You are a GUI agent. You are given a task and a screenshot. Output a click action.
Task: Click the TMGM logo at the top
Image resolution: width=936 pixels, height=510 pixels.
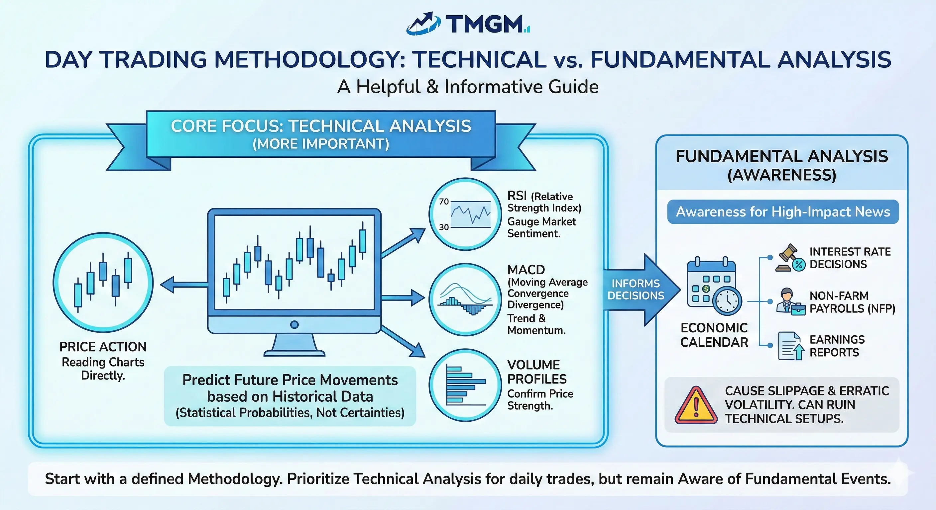[468, 24]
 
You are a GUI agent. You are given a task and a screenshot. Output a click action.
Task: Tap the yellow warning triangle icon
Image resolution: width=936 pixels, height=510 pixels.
[695, 406]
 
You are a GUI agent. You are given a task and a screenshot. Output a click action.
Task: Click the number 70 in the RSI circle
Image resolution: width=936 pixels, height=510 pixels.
[444, 202]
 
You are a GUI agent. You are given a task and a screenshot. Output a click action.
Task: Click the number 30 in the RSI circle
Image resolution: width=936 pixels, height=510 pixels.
[444, 227]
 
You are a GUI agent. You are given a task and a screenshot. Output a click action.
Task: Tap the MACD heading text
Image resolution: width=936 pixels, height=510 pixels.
[526, 270]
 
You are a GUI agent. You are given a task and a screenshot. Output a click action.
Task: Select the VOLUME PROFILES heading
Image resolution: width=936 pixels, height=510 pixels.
[537, 372]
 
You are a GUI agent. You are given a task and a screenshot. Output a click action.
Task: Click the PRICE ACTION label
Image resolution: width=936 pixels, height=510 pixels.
[103, 347]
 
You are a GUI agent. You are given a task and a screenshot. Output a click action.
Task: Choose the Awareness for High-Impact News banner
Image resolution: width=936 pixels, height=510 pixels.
[783, 212]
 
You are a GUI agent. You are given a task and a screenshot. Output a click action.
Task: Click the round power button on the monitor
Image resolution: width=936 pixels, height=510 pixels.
[294, 324]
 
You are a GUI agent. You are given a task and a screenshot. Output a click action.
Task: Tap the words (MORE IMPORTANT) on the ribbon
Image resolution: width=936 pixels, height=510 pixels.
[320, 144]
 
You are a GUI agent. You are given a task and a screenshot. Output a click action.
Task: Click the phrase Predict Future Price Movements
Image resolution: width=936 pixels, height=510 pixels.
[290, 380]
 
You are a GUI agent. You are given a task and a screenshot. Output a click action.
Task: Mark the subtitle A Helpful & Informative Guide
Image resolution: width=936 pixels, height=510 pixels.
[468, 87]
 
